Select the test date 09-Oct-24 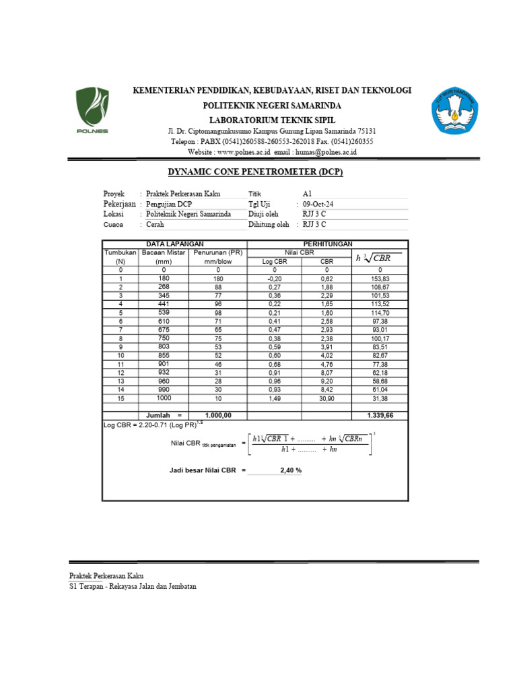[x=318, y=204]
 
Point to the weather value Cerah [x=156, y=225]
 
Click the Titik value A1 [x=308, y=193]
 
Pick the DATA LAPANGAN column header [x=174, y=244]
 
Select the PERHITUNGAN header [x=327, y=244]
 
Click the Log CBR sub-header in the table [x=274, y=261]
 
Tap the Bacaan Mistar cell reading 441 [x=164, y=303]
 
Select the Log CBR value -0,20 [x=274, y=279]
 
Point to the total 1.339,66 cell [x=380, y=416]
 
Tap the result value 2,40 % [x=290, y=470]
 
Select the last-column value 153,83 [x=380, y=279]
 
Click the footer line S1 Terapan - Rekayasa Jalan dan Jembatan [x=133, y=586]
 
